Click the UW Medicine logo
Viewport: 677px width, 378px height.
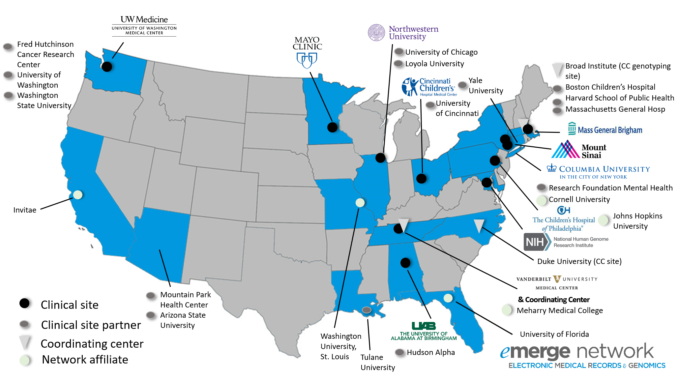(x=144, y=25)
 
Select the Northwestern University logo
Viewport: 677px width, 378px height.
(x=403, y=33)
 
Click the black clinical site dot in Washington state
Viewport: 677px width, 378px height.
(x=107, y=67)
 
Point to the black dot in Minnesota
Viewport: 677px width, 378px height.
(x=332, y=127)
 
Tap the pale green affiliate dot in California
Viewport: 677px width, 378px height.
(x=78, y=195)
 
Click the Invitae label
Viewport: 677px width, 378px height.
(x=25, y=210)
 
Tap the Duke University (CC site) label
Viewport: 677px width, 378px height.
(x=579, y=261)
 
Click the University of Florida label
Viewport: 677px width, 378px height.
(x=554, y=334)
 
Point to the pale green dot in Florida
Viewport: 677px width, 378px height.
(x=448, y=298)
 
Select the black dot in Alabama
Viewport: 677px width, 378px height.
(x=405, y=263)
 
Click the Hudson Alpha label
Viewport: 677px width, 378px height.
(x=430, y=352)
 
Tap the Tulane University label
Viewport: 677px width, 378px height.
(x=377, y=362)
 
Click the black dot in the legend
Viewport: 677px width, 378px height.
(x=24, y=303)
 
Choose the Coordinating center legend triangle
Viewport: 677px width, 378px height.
(x=25, y=342)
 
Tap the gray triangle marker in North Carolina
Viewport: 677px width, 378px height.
(x=479, y=225)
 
